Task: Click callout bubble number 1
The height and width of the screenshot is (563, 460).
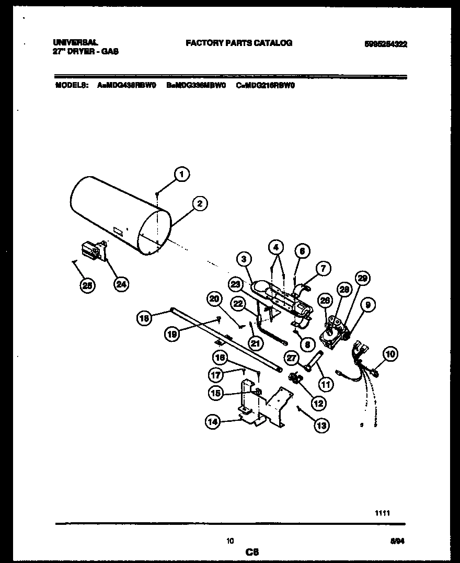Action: pyautogui.click(x=181, y=175)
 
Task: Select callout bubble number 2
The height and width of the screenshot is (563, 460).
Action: pyautogui.click(x=199, y=204)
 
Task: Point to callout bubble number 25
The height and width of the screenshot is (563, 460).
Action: pyautogui.click(x=88, y=285)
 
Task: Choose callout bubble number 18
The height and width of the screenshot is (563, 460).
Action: pyautogui.click(x=144, y=317)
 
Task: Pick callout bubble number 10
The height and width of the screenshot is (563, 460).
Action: pyautogui.click(x=389, y=354)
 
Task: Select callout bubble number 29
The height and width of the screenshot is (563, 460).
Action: pyautogui.click(x=361, y=279)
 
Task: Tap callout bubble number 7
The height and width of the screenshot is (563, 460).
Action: pyautogui.click(x=323, y=269)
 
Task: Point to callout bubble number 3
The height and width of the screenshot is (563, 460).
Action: pyautogui.click(x=243, y=258)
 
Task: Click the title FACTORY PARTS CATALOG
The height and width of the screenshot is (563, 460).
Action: pyautogui.click(x=239, y=43)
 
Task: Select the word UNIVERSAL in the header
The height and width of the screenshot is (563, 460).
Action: pyautogui.click(x=76, y=43)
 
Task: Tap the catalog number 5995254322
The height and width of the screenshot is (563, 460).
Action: pyautogui.click(x=385, y=44)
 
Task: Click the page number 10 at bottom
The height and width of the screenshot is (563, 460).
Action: pyautogui.click(x=230, y=541)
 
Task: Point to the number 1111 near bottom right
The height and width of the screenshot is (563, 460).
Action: pyautogui.click(x=382, y=513)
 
